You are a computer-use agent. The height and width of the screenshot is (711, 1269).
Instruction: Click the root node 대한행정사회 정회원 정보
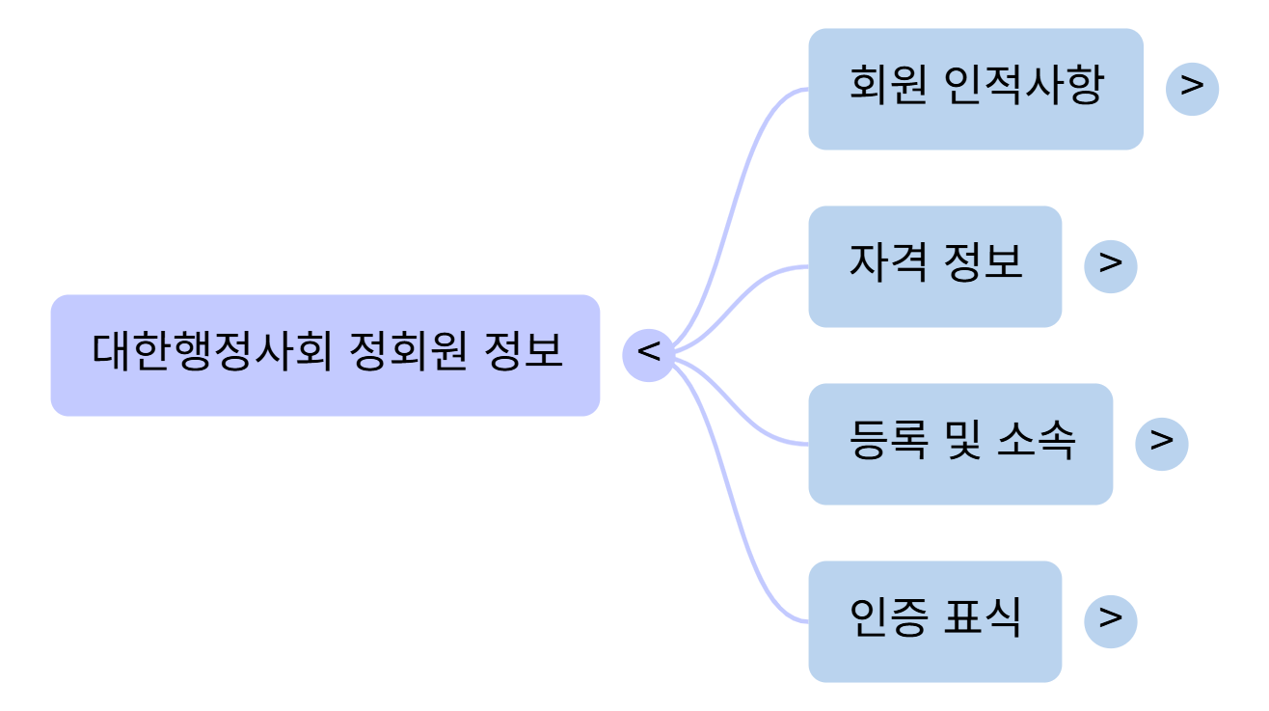point(325,355)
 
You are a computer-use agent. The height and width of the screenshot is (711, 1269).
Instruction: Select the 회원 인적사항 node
point(975,89)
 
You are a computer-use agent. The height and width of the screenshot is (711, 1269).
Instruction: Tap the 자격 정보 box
point(934,266)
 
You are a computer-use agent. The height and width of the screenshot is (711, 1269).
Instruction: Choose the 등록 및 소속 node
point(960,444)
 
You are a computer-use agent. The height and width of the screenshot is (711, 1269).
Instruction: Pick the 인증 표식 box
point(934,621)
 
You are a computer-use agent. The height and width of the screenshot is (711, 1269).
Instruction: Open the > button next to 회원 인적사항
point(1192,89)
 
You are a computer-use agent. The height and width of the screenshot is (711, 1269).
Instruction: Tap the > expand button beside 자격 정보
point(1110,266)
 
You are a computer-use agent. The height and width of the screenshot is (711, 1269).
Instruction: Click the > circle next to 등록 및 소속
point(1161,444)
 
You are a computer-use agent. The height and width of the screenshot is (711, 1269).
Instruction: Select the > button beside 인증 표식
point(1110,621)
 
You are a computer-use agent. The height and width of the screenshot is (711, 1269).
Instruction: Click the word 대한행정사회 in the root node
point(212,353)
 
